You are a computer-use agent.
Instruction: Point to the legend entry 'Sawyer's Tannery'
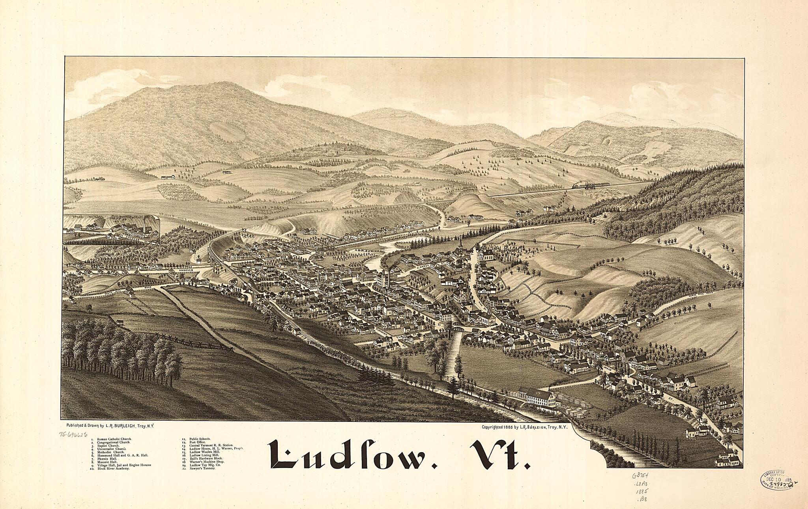coord(201,468)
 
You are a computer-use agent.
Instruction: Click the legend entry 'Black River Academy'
coord(114,468)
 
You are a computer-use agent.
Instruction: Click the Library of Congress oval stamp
coord(775,479)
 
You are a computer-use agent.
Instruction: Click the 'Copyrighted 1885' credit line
coord(524,427)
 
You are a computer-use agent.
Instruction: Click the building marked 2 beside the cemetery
coord(488,254)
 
